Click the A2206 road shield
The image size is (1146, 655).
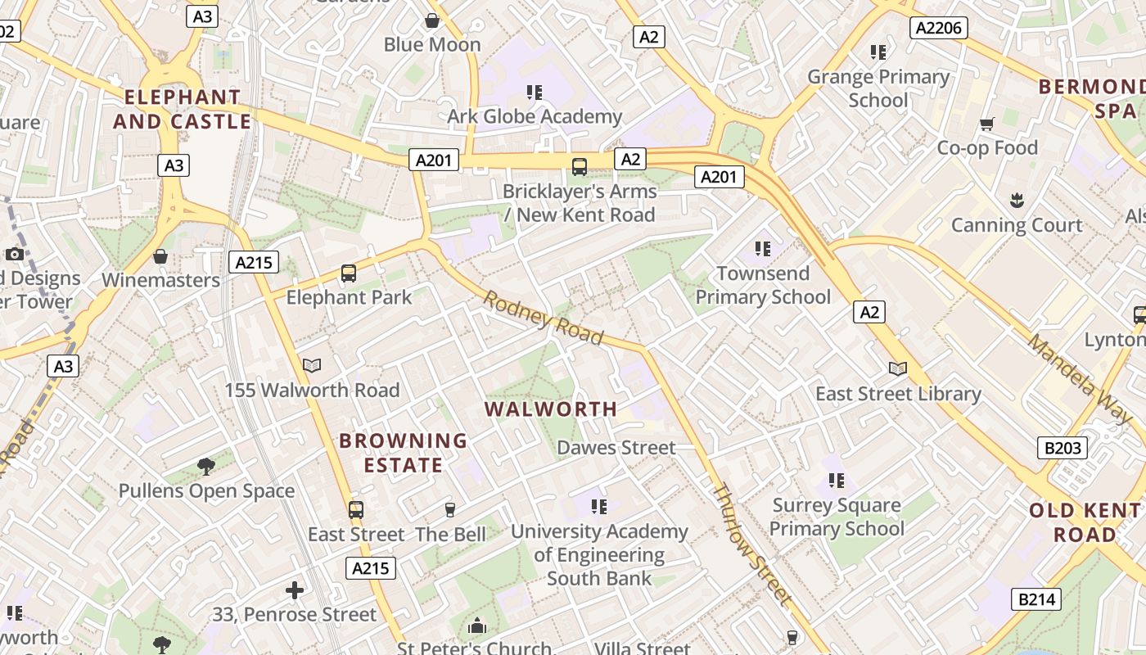coord(939,28)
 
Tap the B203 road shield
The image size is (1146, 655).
coord(1063,448)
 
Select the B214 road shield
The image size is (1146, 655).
coord(1036,599)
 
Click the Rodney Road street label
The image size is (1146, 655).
coord(543,318)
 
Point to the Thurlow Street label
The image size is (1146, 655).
coord(751,544)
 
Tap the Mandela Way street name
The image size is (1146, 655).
coord(1079,378)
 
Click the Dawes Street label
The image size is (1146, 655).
coord(616,448)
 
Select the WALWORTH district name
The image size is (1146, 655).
coord(551,409)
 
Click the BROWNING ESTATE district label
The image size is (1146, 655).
coord(403,453)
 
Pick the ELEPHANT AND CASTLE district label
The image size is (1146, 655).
coord(182,109)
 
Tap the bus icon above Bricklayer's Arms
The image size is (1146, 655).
coord(580,167)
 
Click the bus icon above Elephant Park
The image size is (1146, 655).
coord(349,273)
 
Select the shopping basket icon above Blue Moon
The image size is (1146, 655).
coord(432,20)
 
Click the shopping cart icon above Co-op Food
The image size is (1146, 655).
coord(987,124)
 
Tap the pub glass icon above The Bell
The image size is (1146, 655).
coord(449,510)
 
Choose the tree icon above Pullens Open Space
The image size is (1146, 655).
coord(206,467)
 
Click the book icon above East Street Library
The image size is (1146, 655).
coord(898,369)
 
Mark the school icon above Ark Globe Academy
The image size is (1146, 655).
coord(535,93)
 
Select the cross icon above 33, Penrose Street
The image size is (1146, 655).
coord(295,589)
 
